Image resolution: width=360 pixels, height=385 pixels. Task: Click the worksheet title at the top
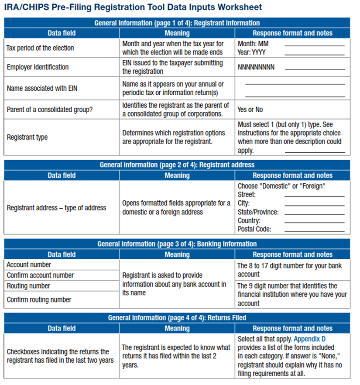click(133, 7)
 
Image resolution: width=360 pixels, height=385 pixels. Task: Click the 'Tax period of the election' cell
click(40, 48)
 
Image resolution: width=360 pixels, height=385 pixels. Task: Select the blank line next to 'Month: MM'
click(314, 46)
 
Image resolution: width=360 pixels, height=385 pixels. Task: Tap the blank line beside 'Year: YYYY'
click(314, 55)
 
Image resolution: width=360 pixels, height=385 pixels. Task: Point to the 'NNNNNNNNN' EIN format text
click(256, 67)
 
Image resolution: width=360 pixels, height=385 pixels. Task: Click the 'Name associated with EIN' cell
click(41, 88)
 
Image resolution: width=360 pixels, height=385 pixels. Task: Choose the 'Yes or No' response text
click(250, 110)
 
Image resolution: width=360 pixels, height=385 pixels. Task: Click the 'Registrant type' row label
click(27, 137)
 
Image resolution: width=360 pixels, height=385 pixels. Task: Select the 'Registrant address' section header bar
click(177, 165)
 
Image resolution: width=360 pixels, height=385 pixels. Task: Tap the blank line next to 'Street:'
click(314, 196)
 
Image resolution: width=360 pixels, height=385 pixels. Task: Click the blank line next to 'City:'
click(314, 205)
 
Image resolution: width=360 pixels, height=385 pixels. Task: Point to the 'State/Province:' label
click(258, 212)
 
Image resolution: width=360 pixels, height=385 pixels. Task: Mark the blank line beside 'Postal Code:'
click(314, 231)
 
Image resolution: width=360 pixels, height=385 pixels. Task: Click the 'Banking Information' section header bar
click(177, 244)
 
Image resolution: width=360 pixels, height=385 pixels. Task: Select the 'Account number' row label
click(29, 265)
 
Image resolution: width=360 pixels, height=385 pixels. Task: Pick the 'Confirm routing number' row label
click(39, 300)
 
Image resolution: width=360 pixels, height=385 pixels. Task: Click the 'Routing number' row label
click(28, 286)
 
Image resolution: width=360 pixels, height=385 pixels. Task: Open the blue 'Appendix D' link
click(310, 339)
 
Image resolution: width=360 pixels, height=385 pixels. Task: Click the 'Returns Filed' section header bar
click(177, 318)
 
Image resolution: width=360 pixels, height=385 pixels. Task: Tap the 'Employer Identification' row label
click(38, 67)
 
